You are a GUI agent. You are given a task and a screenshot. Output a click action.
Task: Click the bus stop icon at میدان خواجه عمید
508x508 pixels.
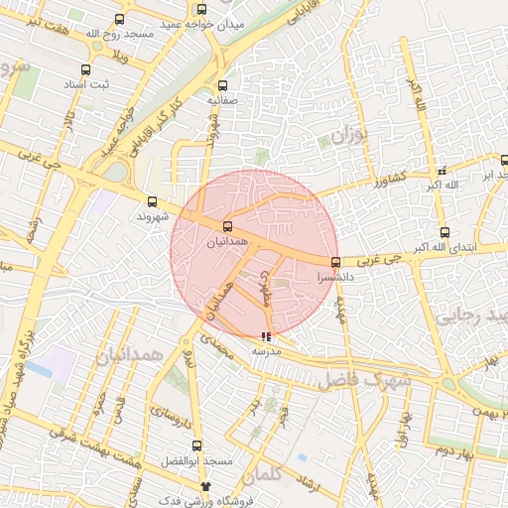click(x=119, y=19)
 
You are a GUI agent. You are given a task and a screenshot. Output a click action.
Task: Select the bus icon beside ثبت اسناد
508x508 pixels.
click(x=85, y=70)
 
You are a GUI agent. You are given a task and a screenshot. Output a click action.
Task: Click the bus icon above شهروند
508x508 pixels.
click(x=151, y=198)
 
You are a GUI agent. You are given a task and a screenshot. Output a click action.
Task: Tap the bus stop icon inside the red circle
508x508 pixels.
click(x=228, y=225)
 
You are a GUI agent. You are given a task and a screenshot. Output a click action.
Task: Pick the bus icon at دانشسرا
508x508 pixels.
click(x=335, y=263)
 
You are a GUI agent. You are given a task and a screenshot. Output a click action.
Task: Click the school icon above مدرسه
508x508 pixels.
click(x=265, y=336)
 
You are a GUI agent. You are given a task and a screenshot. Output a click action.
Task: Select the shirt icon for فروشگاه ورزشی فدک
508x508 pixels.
click(x=206, y=486)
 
